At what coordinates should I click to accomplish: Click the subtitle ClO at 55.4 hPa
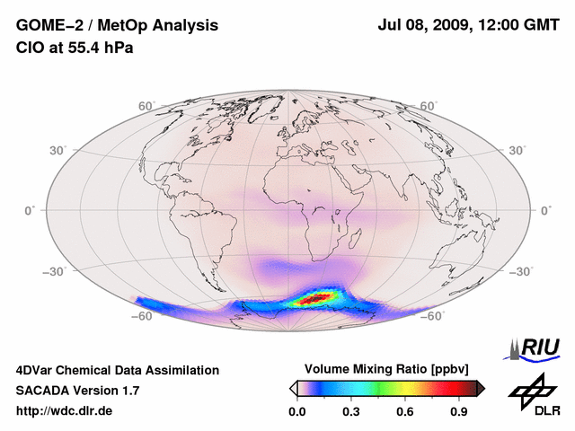click(x=75, y=48)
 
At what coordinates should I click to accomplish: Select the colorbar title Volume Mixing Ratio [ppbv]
click(x=387, y=369)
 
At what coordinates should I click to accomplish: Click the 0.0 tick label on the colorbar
click(x=297, y=412)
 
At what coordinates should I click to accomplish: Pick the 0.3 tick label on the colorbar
click(x=351, y=412)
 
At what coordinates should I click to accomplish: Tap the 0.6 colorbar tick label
click(x=405, y=412)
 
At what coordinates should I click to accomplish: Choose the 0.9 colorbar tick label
click(x=459, y=412)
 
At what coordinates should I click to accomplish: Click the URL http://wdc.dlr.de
click(x=65, y=411)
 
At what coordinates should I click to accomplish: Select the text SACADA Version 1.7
click(x=77, y=391)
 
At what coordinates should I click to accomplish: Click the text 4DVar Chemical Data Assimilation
click(x=117, y=370)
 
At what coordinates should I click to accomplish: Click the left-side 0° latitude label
click(x=30, y=210)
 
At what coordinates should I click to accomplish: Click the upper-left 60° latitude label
click(x=146, y=106)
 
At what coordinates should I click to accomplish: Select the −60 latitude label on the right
click(x=432, y=316)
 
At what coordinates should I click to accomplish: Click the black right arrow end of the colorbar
click(x=481, y=388)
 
